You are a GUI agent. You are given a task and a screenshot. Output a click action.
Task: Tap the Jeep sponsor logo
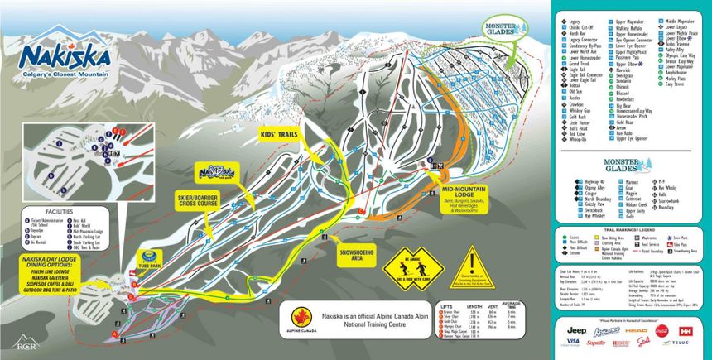click(x=576, y=330)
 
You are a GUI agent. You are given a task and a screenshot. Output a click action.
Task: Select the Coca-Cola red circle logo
click(x=660, y=330)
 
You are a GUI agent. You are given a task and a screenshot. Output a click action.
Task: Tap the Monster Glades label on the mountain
click(x=504, y=26)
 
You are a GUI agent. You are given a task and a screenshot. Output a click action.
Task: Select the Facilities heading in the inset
click(x=48, y=212)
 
